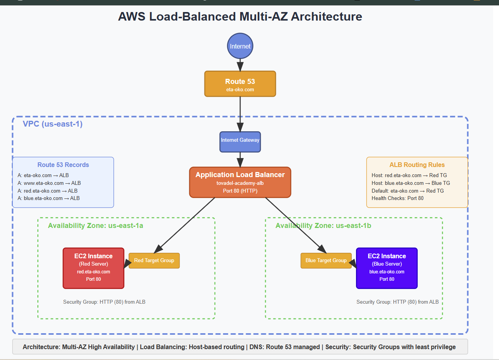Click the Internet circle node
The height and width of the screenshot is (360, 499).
(x=240, y=46)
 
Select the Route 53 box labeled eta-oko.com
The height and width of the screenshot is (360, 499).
(x=240, y=84)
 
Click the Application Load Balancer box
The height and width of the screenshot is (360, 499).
(x=240, y=183)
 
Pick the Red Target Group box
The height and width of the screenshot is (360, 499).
(x=154, y=261)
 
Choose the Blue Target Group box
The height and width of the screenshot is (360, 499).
(x=326, y=261)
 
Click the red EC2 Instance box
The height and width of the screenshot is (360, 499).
(x=94, y=268)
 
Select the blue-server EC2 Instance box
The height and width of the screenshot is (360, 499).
(x=387, y=268)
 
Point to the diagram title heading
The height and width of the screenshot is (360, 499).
(x=240, y=17)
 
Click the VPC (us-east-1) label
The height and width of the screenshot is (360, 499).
(x=52, y=124)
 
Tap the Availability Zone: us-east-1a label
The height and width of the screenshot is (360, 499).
(x=96, y=226)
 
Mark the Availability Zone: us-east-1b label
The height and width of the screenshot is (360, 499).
(x=323, y=226)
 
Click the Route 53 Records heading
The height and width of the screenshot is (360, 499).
(x=63, y=165)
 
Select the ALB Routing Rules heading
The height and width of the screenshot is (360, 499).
(x=417, y=165)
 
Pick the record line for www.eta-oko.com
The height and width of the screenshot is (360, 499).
(x=49, y=183)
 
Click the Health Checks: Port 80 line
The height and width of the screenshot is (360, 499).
(x=398, y=198)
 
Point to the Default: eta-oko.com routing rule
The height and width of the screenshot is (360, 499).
(x=408, y=191)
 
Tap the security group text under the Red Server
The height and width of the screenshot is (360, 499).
(x=104, y=302)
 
